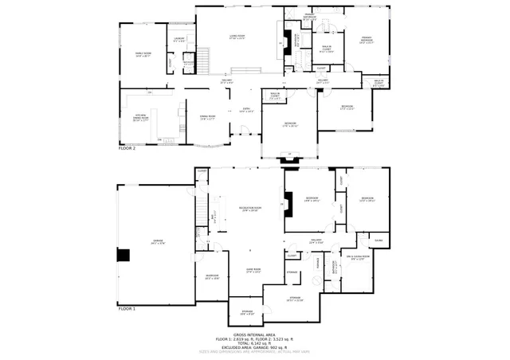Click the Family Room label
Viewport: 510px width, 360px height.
point(143,55)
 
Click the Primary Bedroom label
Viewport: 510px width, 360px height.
point(367,41)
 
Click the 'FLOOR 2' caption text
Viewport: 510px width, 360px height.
point(127,148)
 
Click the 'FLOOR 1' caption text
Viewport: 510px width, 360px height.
point(127,307)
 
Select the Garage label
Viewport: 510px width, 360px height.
point(158,242)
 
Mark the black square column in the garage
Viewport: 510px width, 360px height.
point(123,255)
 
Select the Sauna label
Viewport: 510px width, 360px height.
point(379,241)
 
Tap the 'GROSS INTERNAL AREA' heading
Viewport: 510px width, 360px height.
point(254,335)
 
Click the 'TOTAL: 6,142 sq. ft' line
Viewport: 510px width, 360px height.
point(254,342)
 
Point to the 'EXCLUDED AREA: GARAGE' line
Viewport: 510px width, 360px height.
point(254,346)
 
